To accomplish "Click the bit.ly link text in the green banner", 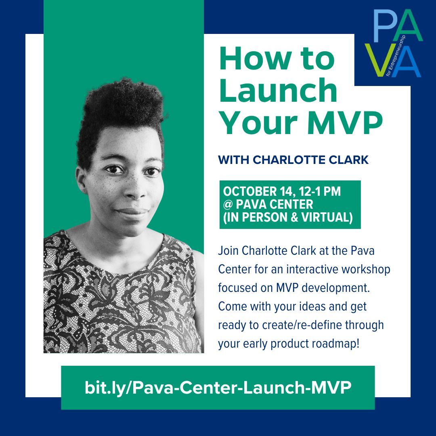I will click(x=218, y=388).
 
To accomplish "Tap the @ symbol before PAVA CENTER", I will click(x=227, y=204).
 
